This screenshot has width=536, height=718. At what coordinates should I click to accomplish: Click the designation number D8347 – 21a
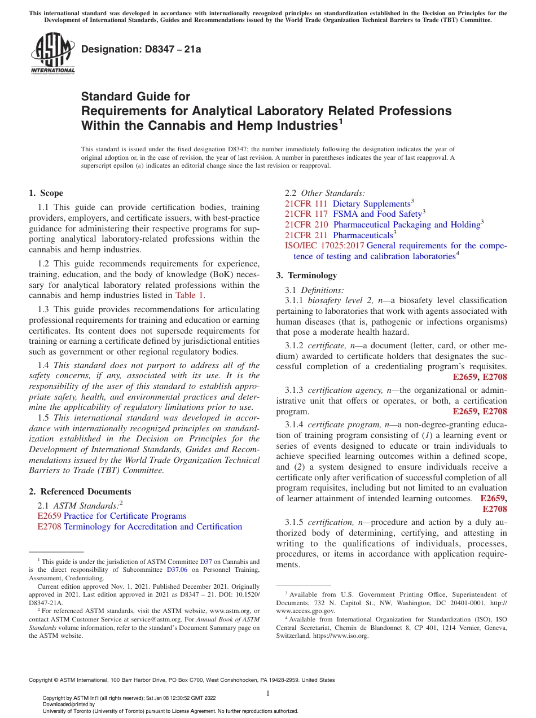(x=141, y=50)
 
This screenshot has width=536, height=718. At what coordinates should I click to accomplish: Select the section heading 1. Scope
(x=46, y=193)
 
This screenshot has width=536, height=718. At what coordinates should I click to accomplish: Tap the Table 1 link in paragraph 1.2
(x=190, y=295)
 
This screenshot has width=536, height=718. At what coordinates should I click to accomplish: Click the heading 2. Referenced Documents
(x=80, y=492)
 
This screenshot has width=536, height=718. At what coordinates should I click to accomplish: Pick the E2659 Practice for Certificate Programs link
(x=112, y=516)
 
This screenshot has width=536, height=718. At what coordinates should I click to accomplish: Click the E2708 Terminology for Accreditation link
(x=140, y=527)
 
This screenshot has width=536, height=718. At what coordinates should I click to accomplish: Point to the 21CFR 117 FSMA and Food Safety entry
(x=354, y=214)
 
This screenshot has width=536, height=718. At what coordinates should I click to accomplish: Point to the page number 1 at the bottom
(x=268, y=694)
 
